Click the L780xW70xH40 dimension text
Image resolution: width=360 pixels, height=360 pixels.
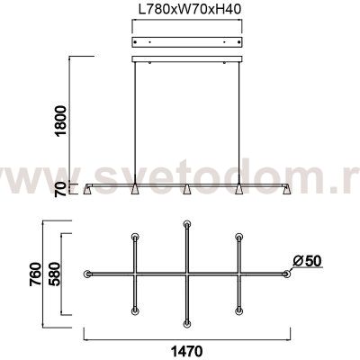[190, 9]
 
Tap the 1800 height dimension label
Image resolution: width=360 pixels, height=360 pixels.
[61, 121]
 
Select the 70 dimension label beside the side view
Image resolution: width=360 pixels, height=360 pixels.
[61, 189]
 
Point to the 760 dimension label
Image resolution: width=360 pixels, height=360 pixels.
[36, 274]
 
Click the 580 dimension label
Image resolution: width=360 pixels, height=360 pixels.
[56, 274]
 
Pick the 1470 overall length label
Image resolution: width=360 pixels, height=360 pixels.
[186, 350]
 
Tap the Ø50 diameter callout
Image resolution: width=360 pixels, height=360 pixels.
[307, 261]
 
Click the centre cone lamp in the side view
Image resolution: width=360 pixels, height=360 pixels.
[186, 189]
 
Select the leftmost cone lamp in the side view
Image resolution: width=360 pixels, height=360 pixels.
[88, 190]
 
